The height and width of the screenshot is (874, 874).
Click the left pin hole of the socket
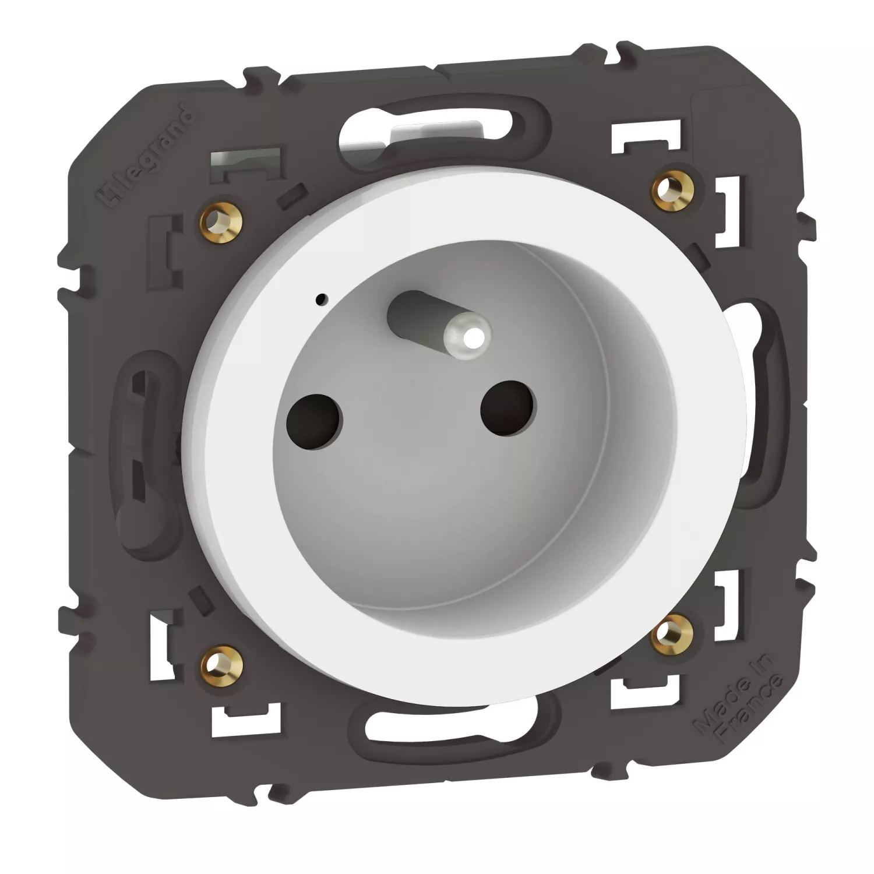click(315, 421)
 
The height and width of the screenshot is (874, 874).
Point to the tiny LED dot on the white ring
click(320, 299)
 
